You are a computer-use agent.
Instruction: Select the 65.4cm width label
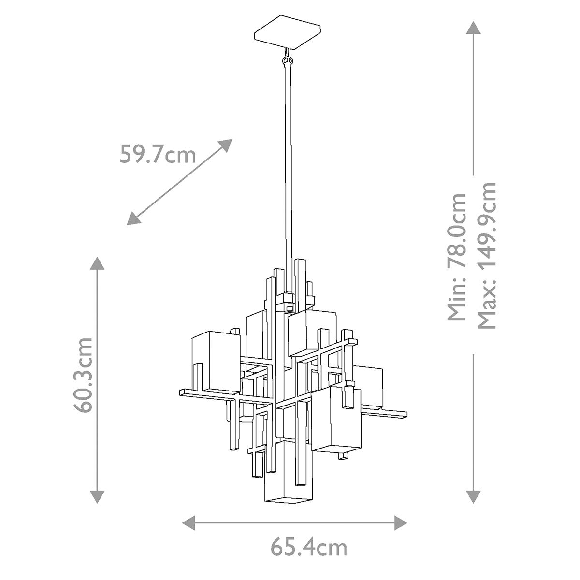(x=308, y=547)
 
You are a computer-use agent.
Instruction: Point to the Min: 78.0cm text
(x=456, y=257)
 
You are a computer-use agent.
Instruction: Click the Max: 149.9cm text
(x=486, y=256)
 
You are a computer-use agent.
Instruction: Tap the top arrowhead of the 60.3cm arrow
(x=98, y=264)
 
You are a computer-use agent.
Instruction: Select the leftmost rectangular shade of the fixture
(x=216, y=360)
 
